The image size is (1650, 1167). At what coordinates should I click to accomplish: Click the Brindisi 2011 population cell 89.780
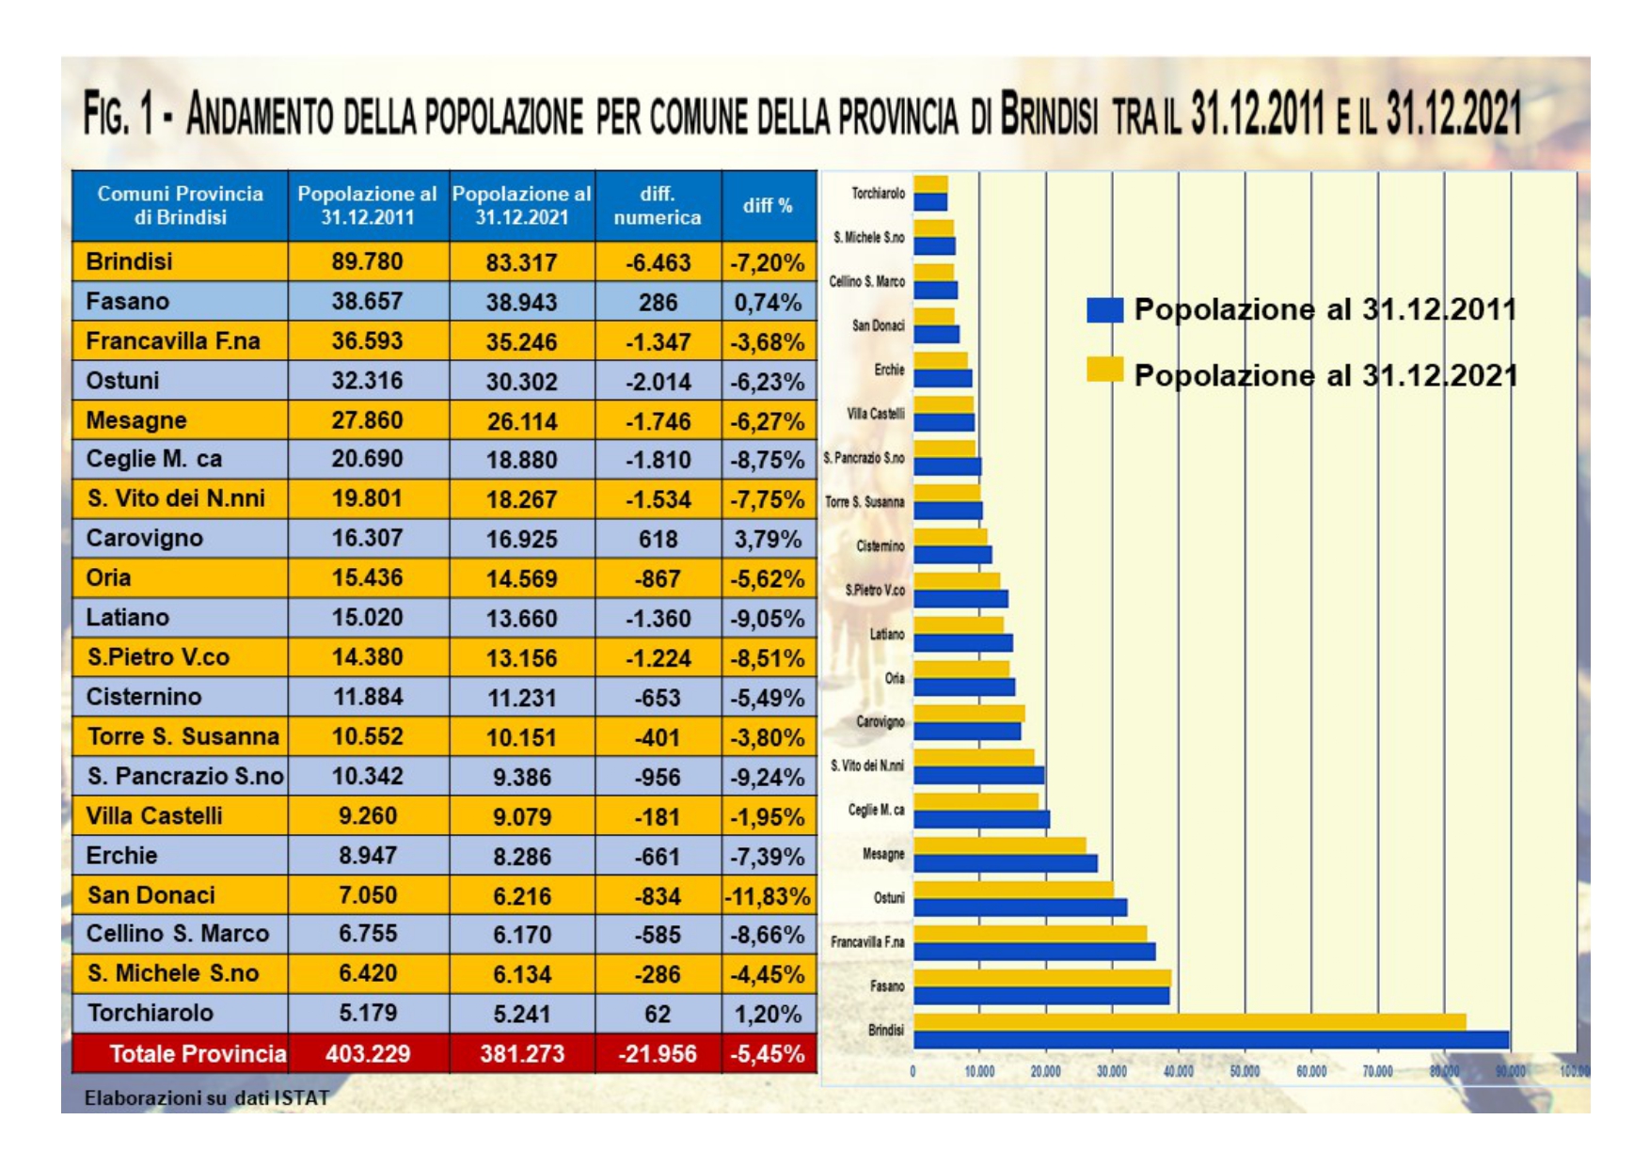(367, 261)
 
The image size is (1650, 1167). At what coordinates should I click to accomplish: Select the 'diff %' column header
(768, 205)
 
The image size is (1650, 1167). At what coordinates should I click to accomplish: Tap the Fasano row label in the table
(128, 302)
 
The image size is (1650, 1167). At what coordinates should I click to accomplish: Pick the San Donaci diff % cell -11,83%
(768, 896)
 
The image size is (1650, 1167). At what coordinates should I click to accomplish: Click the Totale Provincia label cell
(197, 1054)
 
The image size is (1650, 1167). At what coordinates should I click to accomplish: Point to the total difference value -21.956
(658, 1054)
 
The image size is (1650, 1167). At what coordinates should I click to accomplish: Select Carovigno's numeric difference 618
(658, 539)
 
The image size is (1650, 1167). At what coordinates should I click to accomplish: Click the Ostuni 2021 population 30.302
(521, 382)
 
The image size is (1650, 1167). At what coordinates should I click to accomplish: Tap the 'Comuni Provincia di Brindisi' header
(180, 205)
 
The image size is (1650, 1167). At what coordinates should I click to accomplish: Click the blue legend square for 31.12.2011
(1104, 310)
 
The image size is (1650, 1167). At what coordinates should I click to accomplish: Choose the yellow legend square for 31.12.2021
(1104, 370)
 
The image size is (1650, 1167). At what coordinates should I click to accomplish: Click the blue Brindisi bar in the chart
(1211, 1040)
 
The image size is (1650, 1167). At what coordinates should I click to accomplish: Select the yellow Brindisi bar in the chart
(1189, 1022)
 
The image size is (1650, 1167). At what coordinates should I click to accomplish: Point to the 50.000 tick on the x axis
(1245, 1071)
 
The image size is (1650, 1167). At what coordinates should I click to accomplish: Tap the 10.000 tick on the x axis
(979, 1071)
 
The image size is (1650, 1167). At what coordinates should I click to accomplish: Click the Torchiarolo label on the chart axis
(878, 194)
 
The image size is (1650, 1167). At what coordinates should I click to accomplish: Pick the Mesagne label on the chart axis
(883, 854)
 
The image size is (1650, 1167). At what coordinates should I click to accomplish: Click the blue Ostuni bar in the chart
(1020, 907)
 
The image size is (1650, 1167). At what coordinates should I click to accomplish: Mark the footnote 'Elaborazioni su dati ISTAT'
(207, 1097)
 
